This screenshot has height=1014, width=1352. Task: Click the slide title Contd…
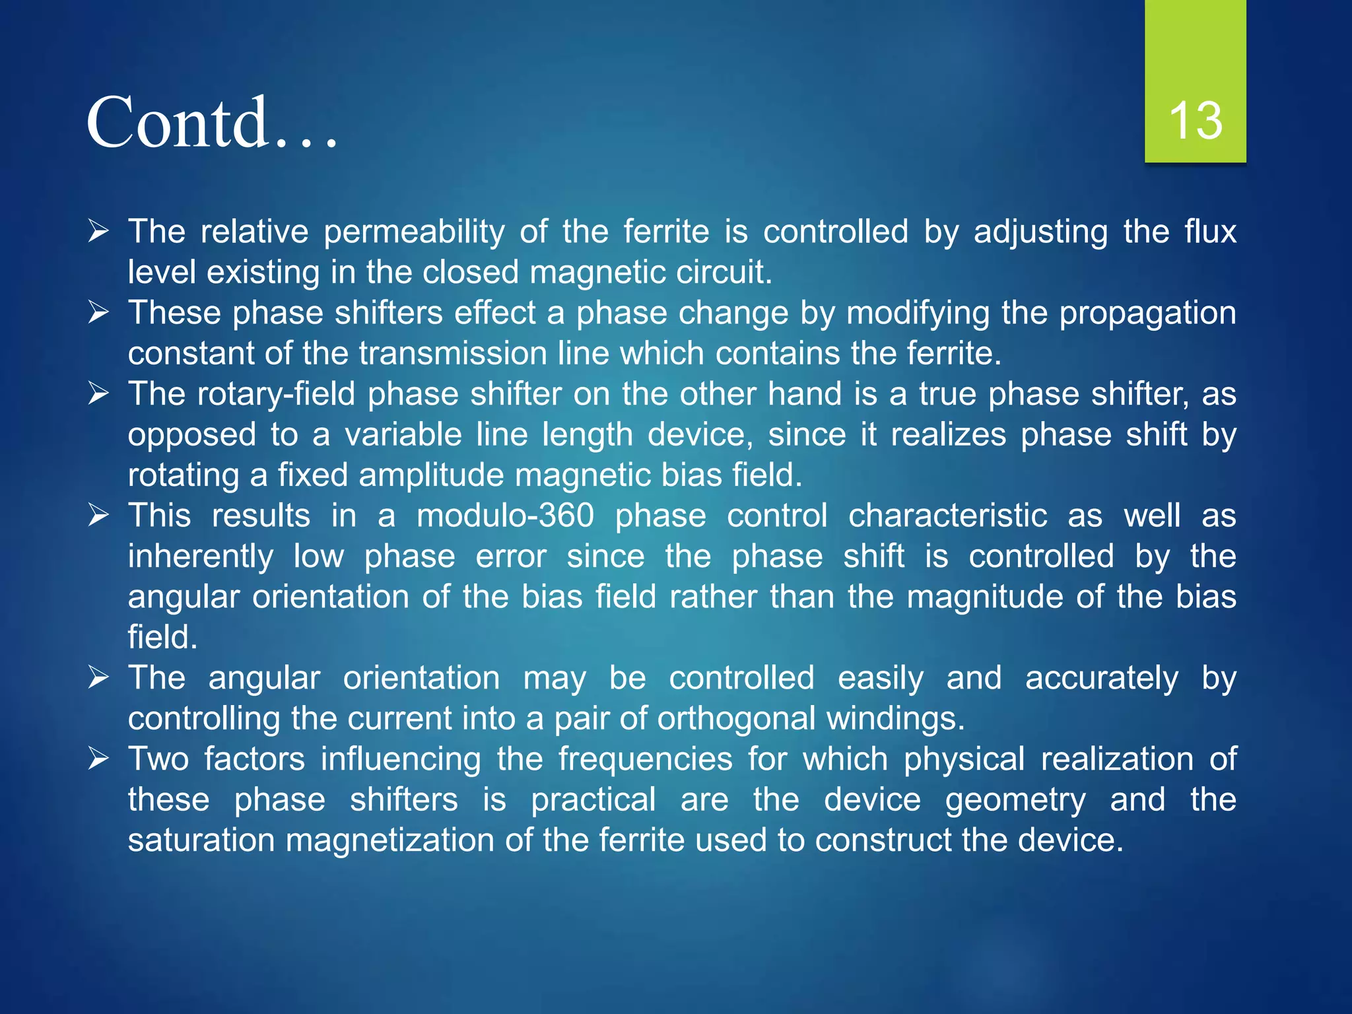coord(211,123)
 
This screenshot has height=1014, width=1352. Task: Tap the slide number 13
coord(1195,121)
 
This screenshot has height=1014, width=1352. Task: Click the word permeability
coord(414,232)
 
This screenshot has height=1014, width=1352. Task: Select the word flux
coord(1210,232)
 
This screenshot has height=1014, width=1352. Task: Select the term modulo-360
coord(505,516)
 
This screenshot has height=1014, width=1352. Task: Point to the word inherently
coord(201,557)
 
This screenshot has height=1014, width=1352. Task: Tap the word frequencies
coord(645,759)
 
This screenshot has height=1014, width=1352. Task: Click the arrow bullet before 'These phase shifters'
coord(98,312)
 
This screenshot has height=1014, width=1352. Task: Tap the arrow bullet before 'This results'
coord(98,515)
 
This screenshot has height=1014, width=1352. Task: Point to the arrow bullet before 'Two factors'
coord(98,759)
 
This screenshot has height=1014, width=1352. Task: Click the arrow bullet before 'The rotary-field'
coord(98,393)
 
